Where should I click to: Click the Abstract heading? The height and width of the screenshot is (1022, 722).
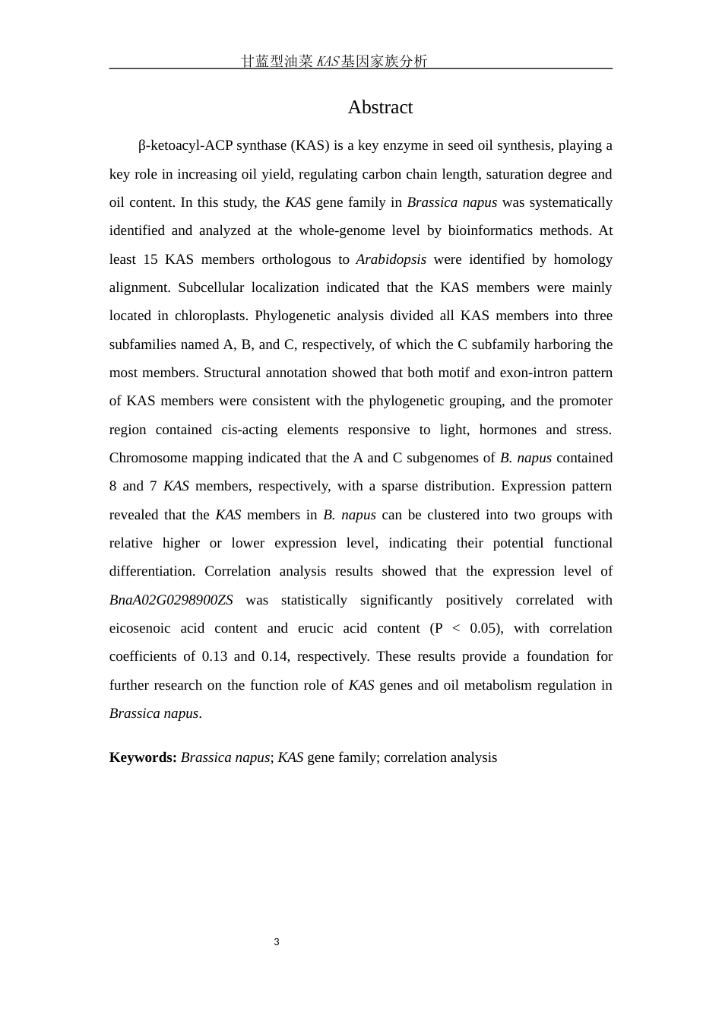[x=380, y=108]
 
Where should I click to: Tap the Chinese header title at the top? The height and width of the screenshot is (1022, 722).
[x=334, y=62]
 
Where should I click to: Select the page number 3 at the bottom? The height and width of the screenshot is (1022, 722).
[x=277, y=942]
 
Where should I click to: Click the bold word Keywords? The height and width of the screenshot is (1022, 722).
[x=143, y=757]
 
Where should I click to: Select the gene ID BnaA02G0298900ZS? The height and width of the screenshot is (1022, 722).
[x=171, y=600]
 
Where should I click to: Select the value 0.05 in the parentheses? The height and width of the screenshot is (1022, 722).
[x=483, y=628]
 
